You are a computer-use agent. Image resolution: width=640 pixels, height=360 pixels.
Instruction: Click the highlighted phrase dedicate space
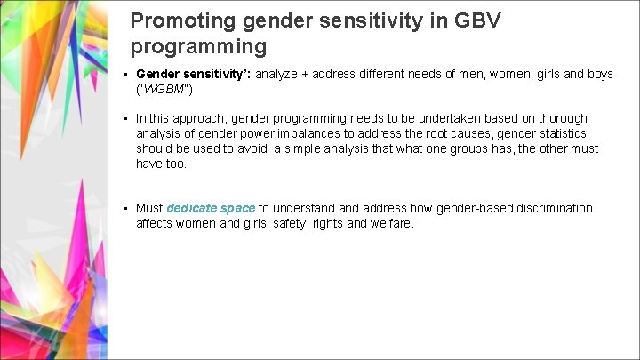pyautogui.click(x=211, y=208)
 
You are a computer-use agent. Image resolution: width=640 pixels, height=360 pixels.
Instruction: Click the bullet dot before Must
pyautogui.click(x=128, y=208)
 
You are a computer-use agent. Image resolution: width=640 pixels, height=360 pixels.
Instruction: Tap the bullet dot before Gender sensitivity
pyautogui.click(x=128, y=75)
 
